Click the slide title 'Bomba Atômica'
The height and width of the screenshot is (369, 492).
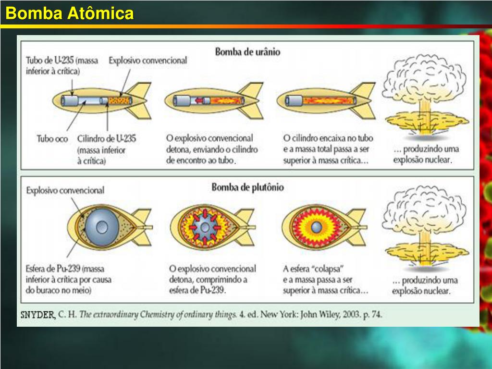[x=69, y=13]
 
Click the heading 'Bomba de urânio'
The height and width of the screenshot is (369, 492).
[x=247, y=51]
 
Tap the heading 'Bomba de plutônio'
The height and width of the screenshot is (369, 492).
[x=247, y=187]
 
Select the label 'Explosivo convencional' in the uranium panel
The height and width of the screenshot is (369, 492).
[x=148, y=61]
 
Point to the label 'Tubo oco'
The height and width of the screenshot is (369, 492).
[x=52, y=139]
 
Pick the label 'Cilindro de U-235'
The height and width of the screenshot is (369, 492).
[x=106, y=139]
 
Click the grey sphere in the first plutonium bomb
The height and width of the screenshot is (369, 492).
[x=102, y=226]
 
